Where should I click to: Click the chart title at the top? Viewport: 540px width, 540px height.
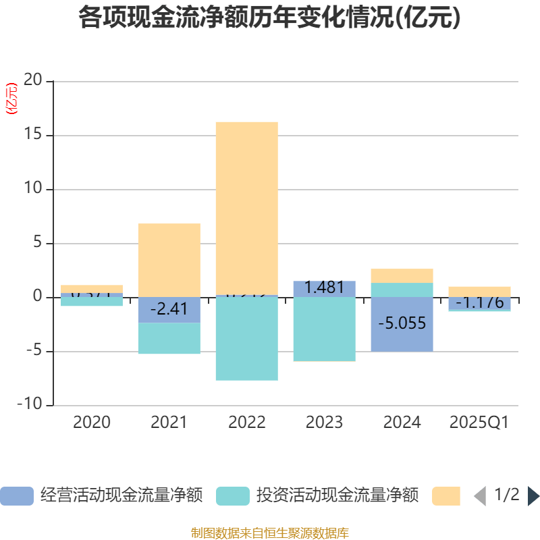[269, 18]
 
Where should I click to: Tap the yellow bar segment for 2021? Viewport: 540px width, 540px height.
[169, 260]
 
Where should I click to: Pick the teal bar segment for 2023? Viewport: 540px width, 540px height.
[324, 329]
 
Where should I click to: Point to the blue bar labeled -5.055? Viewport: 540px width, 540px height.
[402, 324]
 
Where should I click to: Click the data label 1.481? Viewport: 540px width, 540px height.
[324, 288]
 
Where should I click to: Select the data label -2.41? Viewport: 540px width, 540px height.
[169, 310]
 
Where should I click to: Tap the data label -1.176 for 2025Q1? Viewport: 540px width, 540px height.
[479, 302]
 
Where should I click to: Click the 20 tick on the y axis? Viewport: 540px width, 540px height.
[33, 81]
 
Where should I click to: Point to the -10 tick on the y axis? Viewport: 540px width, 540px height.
[30, 406]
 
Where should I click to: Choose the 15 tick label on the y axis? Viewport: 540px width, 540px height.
[33, 135]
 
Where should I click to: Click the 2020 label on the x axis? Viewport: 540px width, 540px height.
[92, 423]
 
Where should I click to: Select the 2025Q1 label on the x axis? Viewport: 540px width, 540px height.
[479, 423]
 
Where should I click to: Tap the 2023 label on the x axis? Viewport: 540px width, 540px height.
[324, 423]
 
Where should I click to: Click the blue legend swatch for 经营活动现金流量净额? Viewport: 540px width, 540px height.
[16, 496]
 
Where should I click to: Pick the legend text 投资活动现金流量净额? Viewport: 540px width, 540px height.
[337, 496]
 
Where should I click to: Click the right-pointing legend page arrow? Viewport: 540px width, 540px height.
[533, 496]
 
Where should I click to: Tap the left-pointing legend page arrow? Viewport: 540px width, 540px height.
[480, 496]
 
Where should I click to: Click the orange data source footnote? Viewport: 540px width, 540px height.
[269, 533]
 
